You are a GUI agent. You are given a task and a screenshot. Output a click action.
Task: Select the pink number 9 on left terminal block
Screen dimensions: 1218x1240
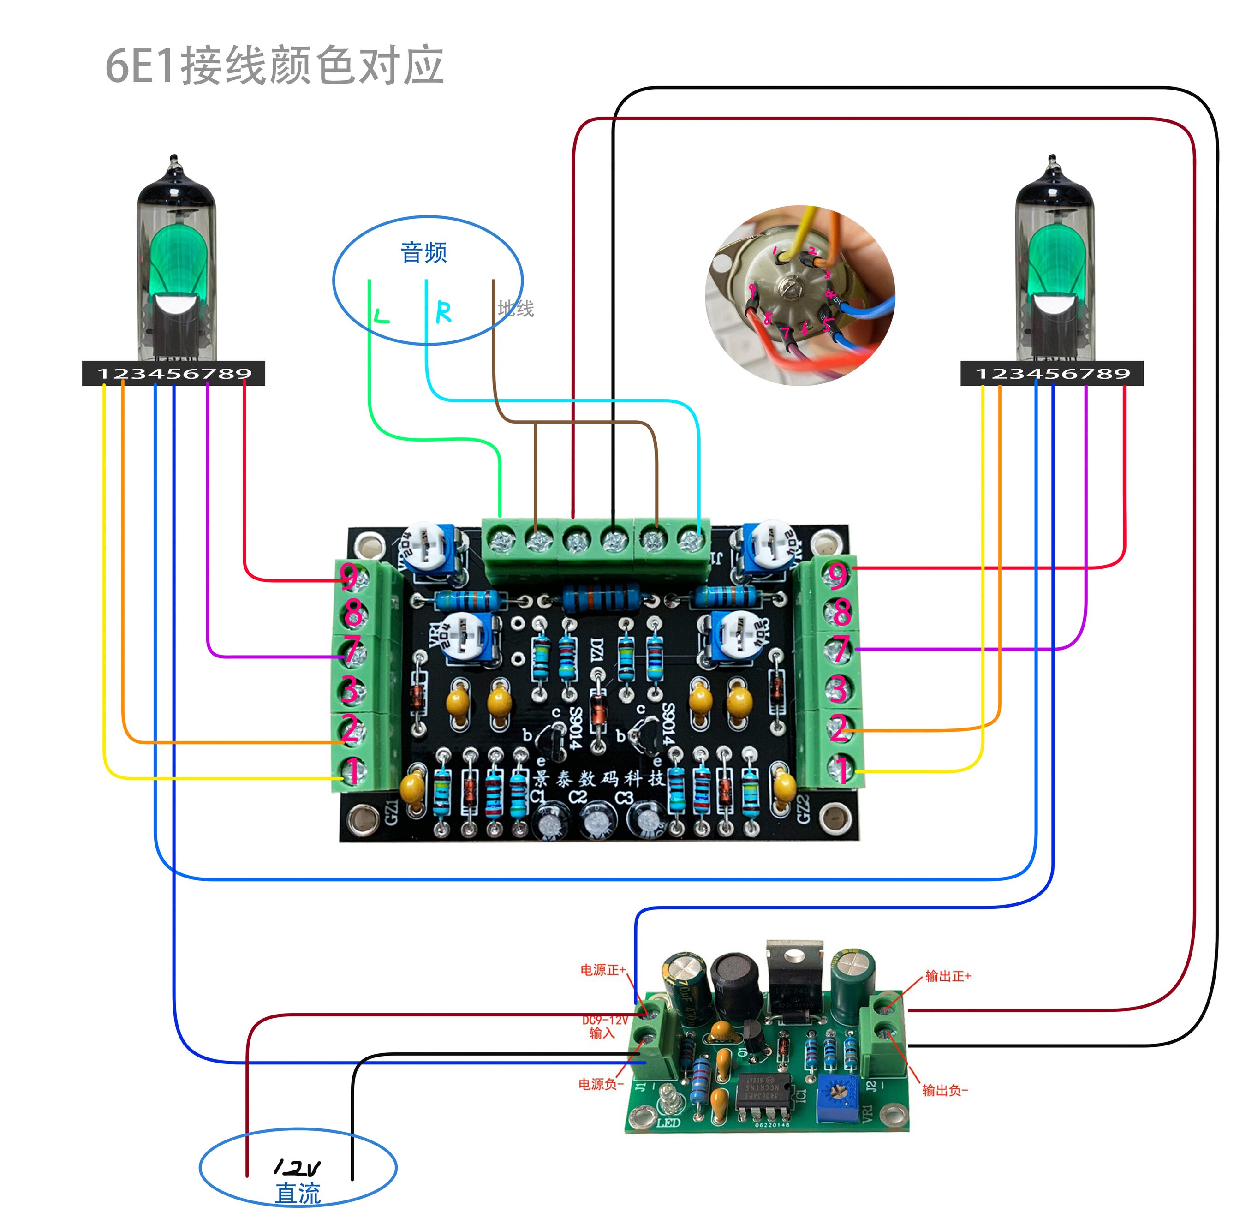click(349, 576)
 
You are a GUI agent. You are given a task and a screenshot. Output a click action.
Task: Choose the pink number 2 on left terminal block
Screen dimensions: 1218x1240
click(349, 728)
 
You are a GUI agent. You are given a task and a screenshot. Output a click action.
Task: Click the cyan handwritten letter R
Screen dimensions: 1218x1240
click(443, 312)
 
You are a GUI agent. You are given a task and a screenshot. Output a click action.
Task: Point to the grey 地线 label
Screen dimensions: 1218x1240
click(515, 309)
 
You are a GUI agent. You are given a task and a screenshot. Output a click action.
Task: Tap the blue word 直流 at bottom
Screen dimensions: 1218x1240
click(298, 1194)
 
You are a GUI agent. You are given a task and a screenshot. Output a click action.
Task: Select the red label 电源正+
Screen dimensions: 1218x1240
click(602, 970)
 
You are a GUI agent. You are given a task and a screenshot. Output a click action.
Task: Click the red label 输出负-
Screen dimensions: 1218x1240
click(945, 1090)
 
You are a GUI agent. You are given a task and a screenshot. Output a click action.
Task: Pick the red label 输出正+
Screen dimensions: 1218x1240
click(948, 976)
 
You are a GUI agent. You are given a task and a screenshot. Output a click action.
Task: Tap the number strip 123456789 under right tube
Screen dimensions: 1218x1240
click(1052, 374)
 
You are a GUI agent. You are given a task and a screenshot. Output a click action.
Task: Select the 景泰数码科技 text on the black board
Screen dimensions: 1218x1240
click(599, 778)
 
